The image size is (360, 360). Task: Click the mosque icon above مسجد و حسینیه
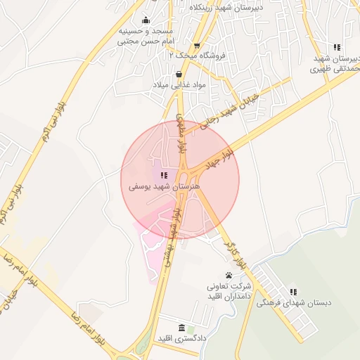(146, 20)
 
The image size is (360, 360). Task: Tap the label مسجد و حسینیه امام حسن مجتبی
(145, 37)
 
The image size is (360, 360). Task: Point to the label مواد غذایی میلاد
(178, 84)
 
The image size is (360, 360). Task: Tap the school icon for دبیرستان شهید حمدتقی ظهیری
(337, 48)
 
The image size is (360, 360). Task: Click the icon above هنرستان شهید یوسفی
(164, 175)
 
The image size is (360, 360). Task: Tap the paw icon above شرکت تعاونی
(229, 275)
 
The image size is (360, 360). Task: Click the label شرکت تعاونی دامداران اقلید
(229, 292)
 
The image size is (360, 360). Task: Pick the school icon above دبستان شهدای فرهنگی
(293, 292)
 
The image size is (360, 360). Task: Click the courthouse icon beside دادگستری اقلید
(182, 328)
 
